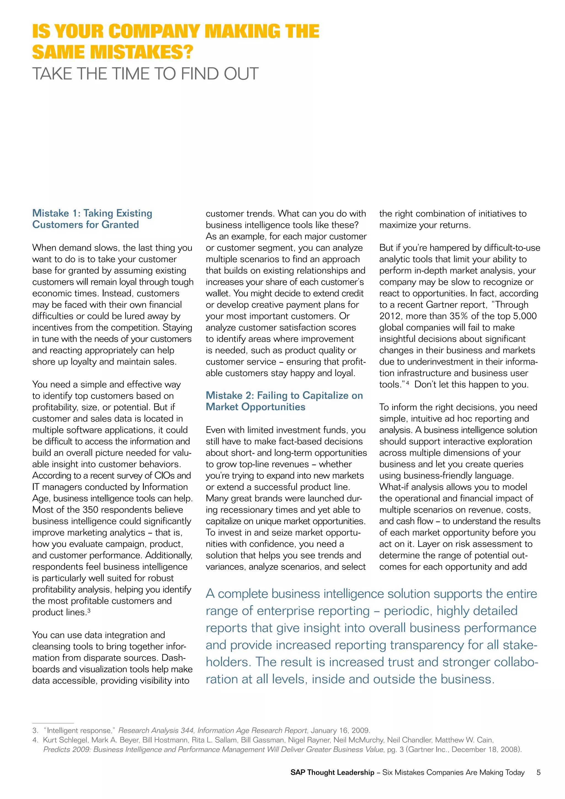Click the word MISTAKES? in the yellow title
click(x=141, y=52)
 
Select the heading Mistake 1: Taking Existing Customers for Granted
click(x=92, y=219)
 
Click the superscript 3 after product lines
click(x=89, y=610)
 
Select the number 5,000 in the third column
click(x=525, y=316)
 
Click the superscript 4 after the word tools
click(x=407, y=382)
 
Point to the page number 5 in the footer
click(x=538, y=773)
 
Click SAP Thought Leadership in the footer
click(x=332, y=773)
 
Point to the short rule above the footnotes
click(x=53, y=723)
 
